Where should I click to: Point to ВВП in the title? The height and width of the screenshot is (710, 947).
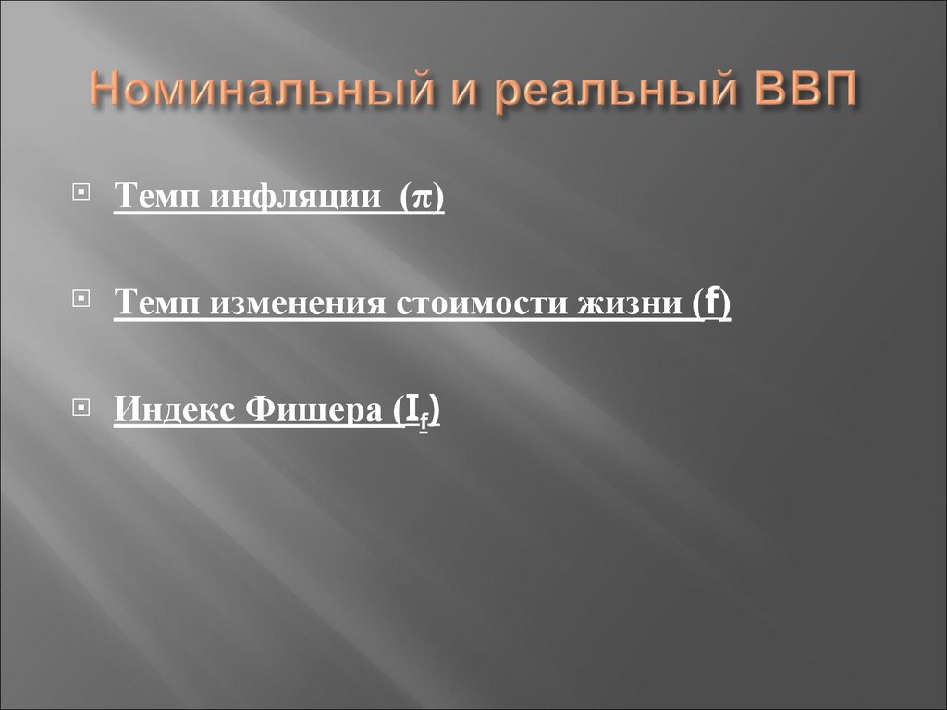pyautogui.click(x=796, y=95)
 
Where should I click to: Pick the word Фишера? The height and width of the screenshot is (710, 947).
pyautogui.click(x=310, y=410)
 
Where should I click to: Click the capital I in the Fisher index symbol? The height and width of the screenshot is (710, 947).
pyautogui.click(x=409, y=410)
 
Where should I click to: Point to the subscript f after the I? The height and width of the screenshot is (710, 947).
pyautogui.click(x=423, y=419)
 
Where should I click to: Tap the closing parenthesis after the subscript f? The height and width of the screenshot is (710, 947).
pyautogui.click(x=434, y=411)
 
